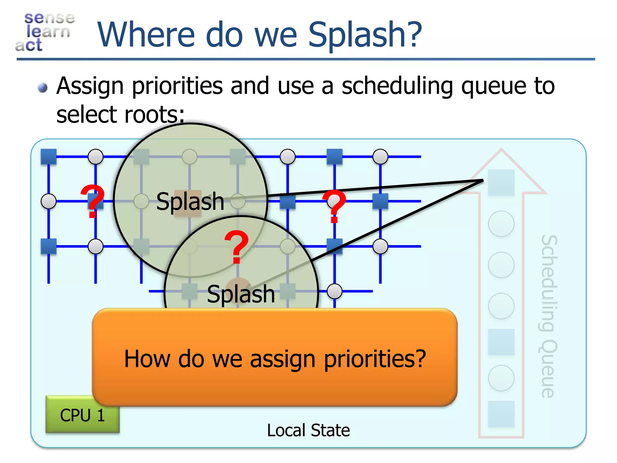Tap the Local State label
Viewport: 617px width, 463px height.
308,430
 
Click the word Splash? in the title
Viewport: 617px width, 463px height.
365,35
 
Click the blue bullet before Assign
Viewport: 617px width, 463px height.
43,88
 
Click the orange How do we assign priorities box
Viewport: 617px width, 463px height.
274,357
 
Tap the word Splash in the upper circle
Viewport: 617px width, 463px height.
190,201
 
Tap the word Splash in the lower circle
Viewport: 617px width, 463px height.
241,294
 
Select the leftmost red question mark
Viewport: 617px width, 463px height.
92,201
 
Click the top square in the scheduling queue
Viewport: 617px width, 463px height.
501,182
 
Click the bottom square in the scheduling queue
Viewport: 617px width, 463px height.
501,414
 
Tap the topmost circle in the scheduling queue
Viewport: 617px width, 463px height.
501,224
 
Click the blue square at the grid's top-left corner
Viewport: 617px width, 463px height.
49,157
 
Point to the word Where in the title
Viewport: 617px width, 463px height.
146,35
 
